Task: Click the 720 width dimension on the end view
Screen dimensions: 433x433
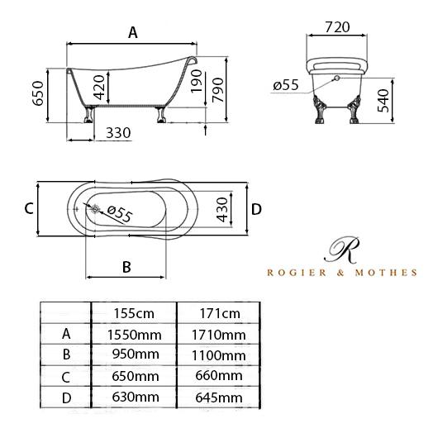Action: (x=337, y=27)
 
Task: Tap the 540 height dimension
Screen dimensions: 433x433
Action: (x=383, y=100)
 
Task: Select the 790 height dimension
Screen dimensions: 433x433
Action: (x=217, y=90)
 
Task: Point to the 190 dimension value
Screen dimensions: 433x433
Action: (x=197, y=81)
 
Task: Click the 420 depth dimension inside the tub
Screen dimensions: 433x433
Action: (x=99, y=88)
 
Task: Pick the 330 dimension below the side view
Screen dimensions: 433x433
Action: (x=118, y=133)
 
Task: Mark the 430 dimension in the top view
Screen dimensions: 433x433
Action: (x=222, y=210)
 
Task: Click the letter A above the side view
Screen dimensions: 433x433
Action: (x=133, y=32)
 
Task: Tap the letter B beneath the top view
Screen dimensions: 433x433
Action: (x=126, y=267)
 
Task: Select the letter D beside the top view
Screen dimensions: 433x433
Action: (x=256, y=209)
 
